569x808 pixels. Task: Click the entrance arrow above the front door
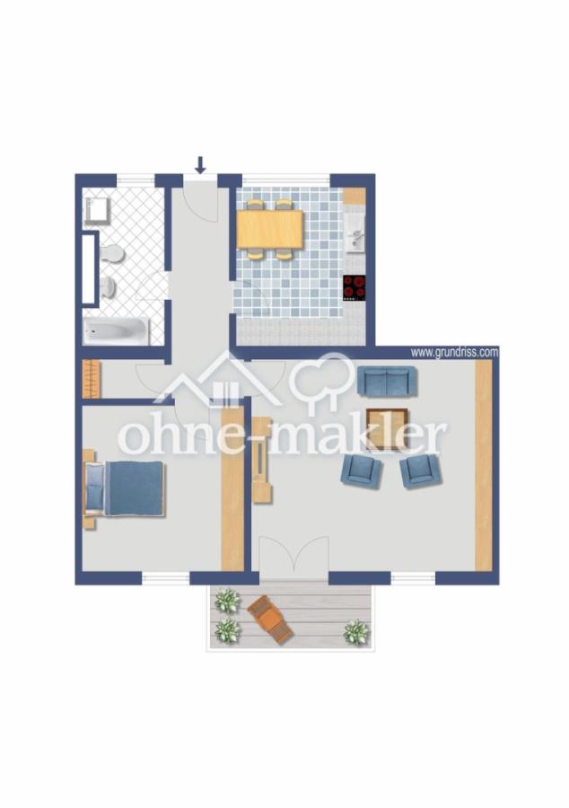[x=200, y=165]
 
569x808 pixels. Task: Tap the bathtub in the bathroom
[x=117, y=330]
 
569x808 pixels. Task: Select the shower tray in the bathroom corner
[x=98, y=210]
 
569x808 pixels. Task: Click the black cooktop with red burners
[x=355, y=288]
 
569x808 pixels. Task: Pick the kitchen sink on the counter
[x=355, y=234]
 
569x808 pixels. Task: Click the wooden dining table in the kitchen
[x=270, y=229]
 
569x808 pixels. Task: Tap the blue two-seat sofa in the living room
[x=387, y=382]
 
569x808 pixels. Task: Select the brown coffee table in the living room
[x=387, y=428]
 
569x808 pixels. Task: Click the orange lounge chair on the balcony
[x=270, y=619]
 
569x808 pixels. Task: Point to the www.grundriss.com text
[x=454, y=353]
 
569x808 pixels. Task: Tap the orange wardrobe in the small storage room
[x=92, y=379]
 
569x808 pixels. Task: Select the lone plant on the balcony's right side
[x=356, y=632]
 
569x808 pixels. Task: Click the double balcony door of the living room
[x=293, y=556]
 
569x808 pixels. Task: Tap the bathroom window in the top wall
[x=136, y=180]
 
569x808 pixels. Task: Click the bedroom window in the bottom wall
[x=166, y=578]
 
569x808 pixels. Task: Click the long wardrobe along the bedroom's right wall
[x=232, y=488]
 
